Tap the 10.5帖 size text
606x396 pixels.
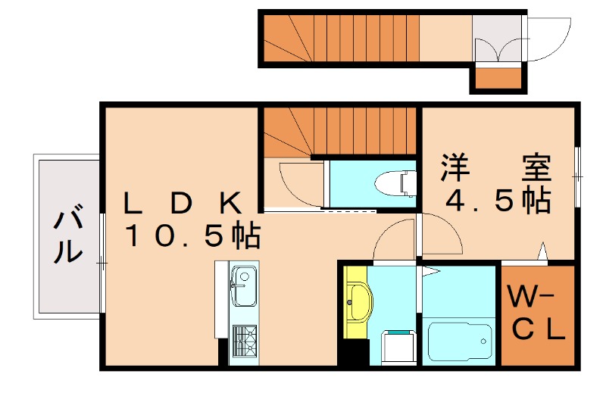coord(192,236)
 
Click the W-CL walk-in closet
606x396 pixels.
coord(536,312)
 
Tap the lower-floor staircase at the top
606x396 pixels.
coord(341,38)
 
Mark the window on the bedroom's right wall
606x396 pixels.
coord(577,175)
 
